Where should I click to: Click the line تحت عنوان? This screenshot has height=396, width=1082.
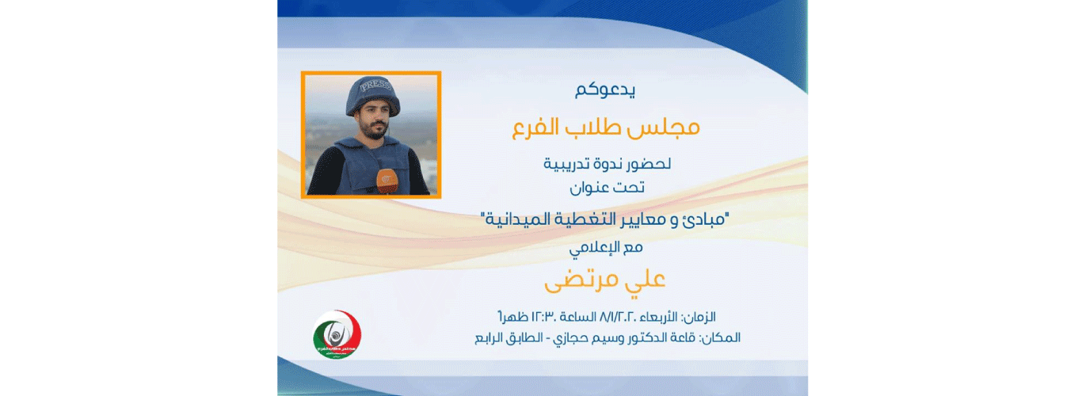click(606, 188)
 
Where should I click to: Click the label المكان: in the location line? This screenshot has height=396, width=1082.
click(721, 337)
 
